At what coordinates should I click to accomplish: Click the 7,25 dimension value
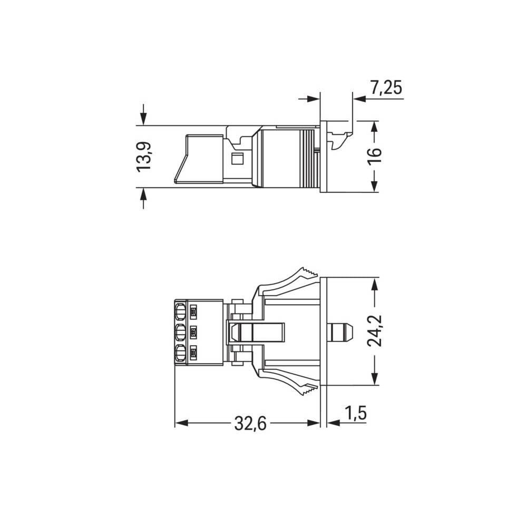click(x=386, y=88)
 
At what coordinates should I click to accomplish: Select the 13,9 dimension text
click(x=144, y=156)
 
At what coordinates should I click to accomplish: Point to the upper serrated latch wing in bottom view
click(x=292, y=279)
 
